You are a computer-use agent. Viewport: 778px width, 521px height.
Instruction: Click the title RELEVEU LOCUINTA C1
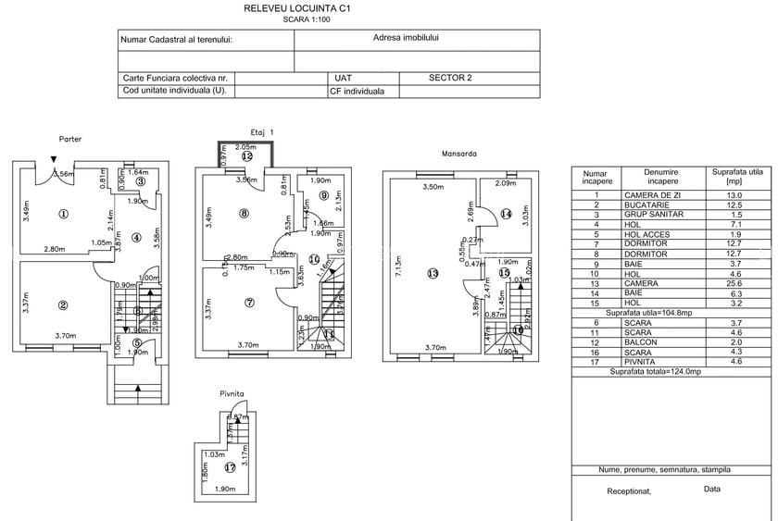point(296,7)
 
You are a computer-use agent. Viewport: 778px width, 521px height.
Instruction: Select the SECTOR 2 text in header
point(451,79)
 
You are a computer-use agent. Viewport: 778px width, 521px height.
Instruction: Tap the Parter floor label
point(70,140)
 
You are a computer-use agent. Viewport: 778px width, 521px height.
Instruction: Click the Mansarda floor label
point(458,154)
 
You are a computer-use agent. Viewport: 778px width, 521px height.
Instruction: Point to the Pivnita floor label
point(232,394)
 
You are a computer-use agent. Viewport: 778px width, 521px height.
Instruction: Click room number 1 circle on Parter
point(63,214)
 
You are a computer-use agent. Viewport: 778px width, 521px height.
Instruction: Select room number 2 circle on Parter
point(63,305)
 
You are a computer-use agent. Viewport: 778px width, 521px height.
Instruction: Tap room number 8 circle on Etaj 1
point(244,214)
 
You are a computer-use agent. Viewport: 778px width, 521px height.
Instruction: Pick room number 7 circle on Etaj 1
point(249,303)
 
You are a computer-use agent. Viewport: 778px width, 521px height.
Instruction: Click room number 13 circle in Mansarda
point(432,273)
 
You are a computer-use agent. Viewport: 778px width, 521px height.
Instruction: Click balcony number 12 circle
point(246,157)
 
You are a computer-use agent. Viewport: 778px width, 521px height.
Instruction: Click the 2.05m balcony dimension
point(245,147)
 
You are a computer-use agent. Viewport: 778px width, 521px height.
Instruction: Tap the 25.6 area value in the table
point(734,282)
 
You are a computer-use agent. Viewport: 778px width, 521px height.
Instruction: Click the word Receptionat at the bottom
point(629,490)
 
